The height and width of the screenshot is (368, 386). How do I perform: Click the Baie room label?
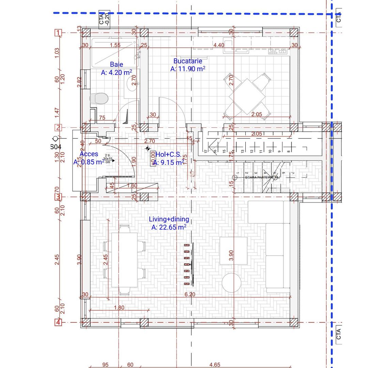click(x=117, y=64)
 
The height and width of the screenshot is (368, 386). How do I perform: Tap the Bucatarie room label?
click(x=188, y=61)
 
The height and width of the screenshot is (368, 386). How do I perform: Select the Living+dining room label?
click(x=169, y=219)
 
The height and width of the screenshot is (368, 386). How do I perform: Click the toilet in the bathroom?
click(x=99, y=98)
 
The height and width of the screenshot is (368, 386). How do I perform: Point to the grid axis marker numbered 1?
click(x=59, y=33)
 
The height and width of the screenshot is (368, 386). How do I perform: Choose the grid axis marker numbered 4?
click(x=59, y=322)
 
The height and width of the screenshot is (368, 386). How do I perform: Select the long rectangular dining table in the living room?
click(x=124, y=260)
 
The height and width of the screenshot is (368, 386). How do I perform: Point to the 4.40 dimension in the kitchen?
click(x=218, y=45)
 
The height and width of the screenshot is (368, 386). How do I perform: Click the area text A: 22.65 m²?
click(x=169, y=227)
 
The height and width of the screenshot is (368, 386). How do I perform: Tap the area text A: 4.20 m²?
click(x=117, y=72)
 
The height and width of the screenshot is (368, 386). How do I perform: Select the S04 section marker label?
click(x=56, y=147)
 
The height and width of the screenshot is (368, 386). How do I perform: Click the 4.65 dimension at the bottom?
click(x=215, y=365)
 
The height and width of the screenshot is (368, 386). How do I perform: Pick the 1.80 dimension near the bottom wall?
click(x=119, y=308)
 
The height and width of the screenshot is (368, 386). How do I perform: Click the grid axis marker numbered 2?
click(x=59, y=127)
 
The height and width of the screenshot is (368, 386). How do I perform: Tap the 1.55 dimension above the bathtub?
click(x=115, y=45)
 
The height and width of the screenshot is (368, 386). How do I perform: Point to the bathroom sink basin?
click(x=130, y=83)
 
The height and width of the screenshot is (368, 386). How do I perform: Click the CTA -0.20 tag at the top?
click(x=104, y=18)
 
